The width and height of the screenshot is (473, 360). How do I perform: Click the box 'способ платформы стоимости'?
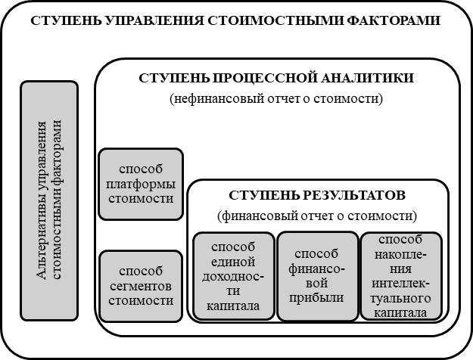point(142,184)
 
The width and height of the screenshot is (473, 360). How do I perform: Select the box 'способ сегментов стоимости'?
point(142,285)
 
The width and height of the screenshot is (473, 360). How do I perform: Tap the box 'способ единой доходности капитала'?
point(234,277)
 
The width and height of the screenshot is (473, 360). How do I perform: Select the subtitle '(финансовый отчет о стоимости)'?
point(316,215)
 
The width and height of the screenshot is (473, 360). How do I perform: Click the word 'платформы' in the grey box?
point(142,185)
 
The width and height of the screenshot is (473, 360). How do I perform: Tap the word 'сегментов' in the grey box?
point(142,286)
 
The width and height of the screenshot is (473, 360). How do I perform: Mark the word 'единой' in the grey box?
point(234,262)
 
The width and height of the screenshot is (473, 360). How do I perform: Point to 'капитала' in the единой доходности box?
point(234,306)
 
